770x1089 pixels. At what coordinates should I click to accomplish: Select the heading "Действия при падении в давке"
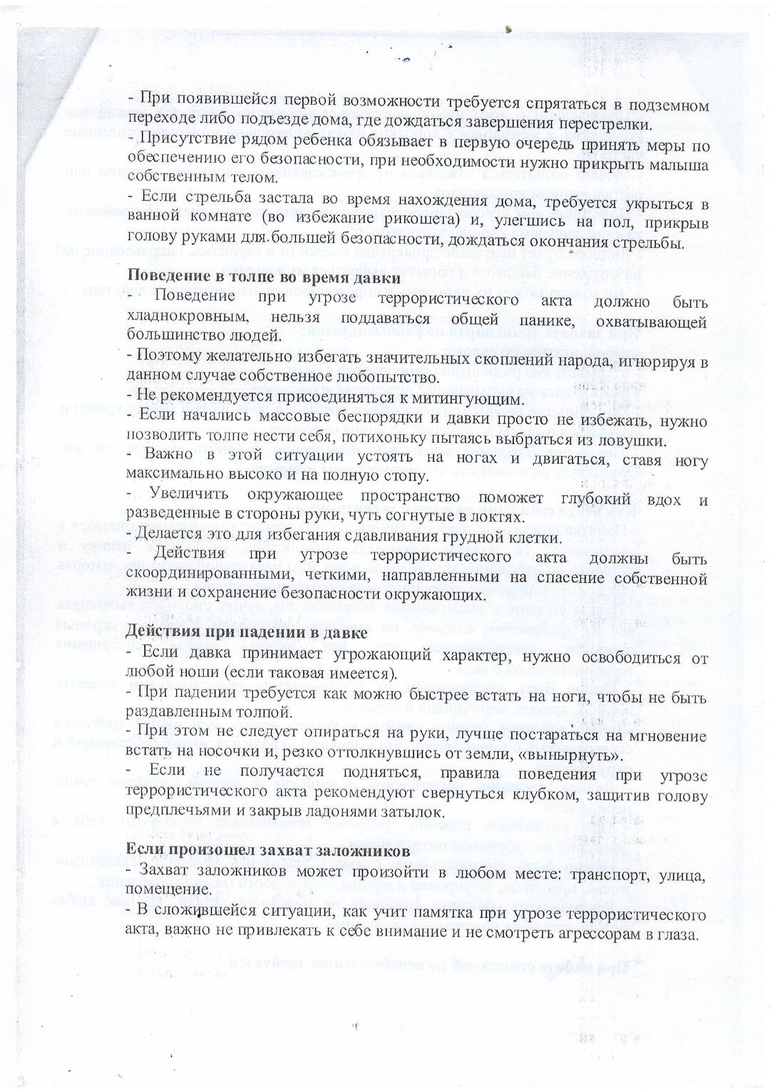246,631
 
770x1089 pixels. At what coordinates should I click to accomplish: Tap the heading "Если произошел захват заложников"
268,850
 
